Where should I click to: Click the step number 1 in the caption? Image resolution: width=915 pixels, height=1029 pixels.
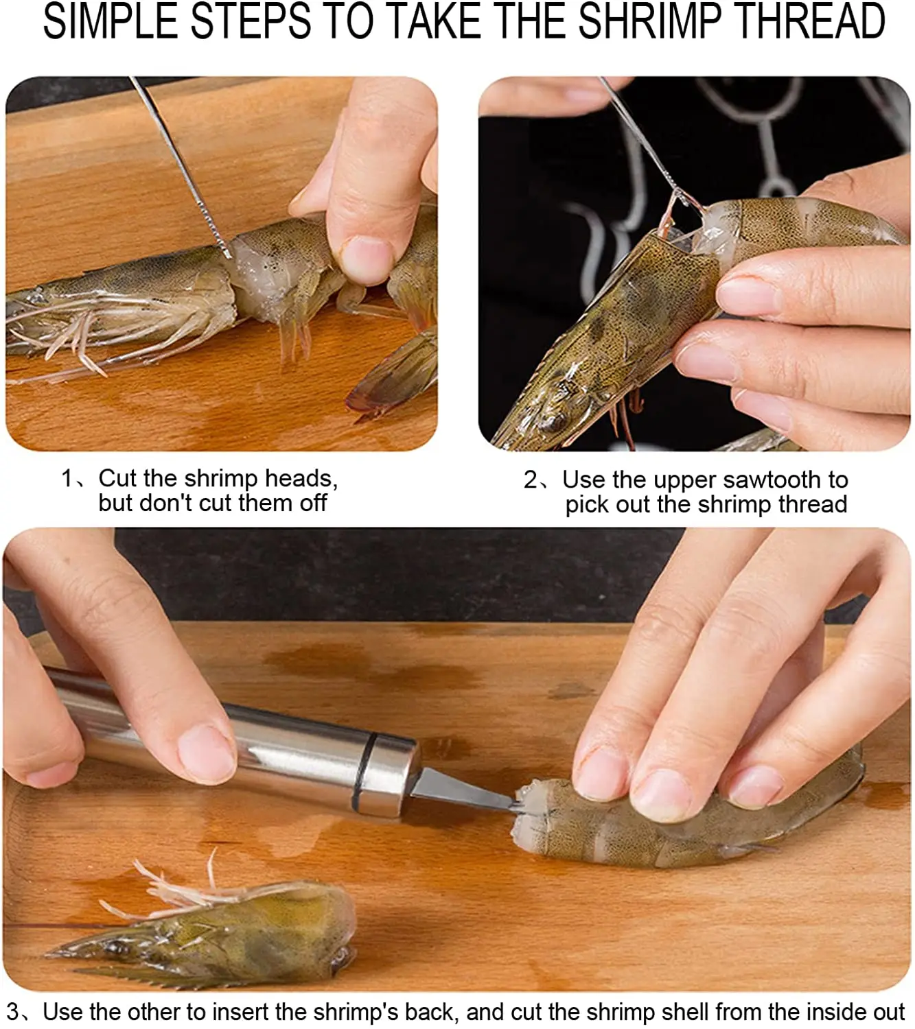(x=67, y=478)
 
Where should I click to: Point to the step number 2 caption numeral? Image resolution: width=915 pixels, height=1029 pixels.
(x=530, y=480)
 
